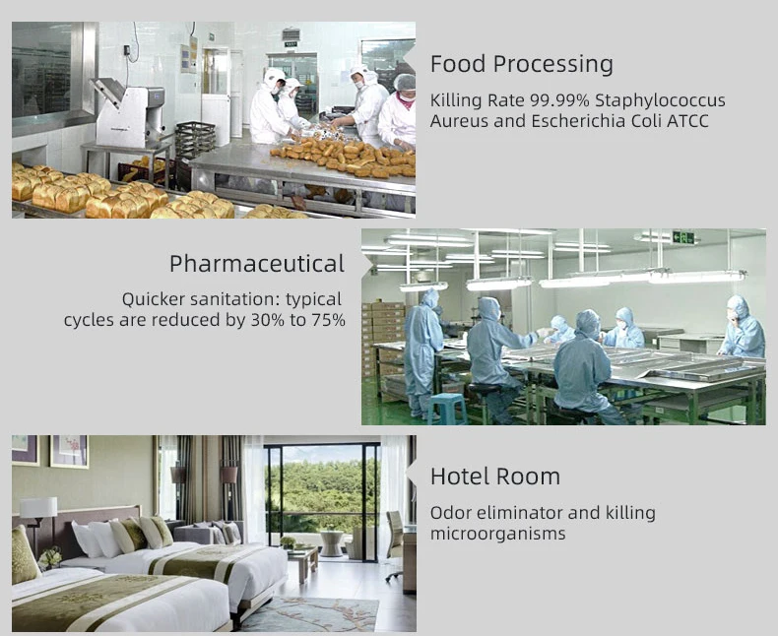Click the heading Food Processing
coord(522,64)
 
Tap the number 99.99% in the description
coord(559,100)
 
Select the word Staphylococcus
coord(661,100)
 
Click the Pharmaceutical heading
coord(257,264)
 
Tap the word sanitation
coord(232,299)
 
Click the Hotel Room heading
coord(495,477)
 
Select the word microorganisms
coord(497,534)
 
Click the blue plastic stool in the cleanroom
coord(446,409)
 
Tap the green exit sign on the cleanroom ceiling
coord(683,237)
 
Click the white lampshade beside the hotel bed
coord(38,507)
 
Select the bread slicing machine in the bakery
coord(128,112)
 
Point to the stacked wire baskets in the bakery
coord(195,140)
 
